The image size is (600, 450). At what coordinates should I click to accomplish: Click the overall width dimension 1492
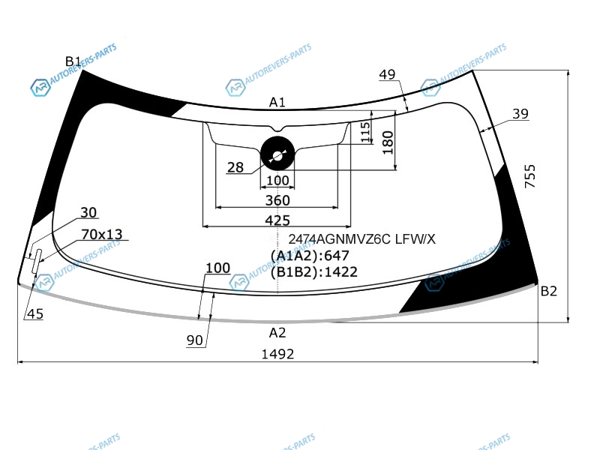277,354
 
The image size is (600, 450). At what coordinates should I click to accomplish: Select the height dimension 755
530,176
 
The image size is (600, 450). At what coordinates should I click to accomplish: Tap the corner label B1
73,61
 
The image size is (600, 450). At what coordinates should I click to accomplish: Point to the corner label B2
549,291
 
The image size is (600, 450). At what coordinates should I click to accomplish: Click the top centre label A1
277,102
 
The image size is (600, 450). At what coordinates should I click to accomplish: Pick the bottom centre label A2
277,332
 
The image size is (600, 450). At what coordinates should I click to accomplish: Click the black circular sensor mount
277,153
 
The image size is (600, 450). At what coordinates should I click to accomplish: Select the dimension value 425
277,220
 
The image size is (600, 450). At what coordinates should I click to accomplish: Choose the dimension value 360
277,200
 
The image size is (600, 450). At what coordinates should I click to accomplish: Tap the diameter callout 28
235,167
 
